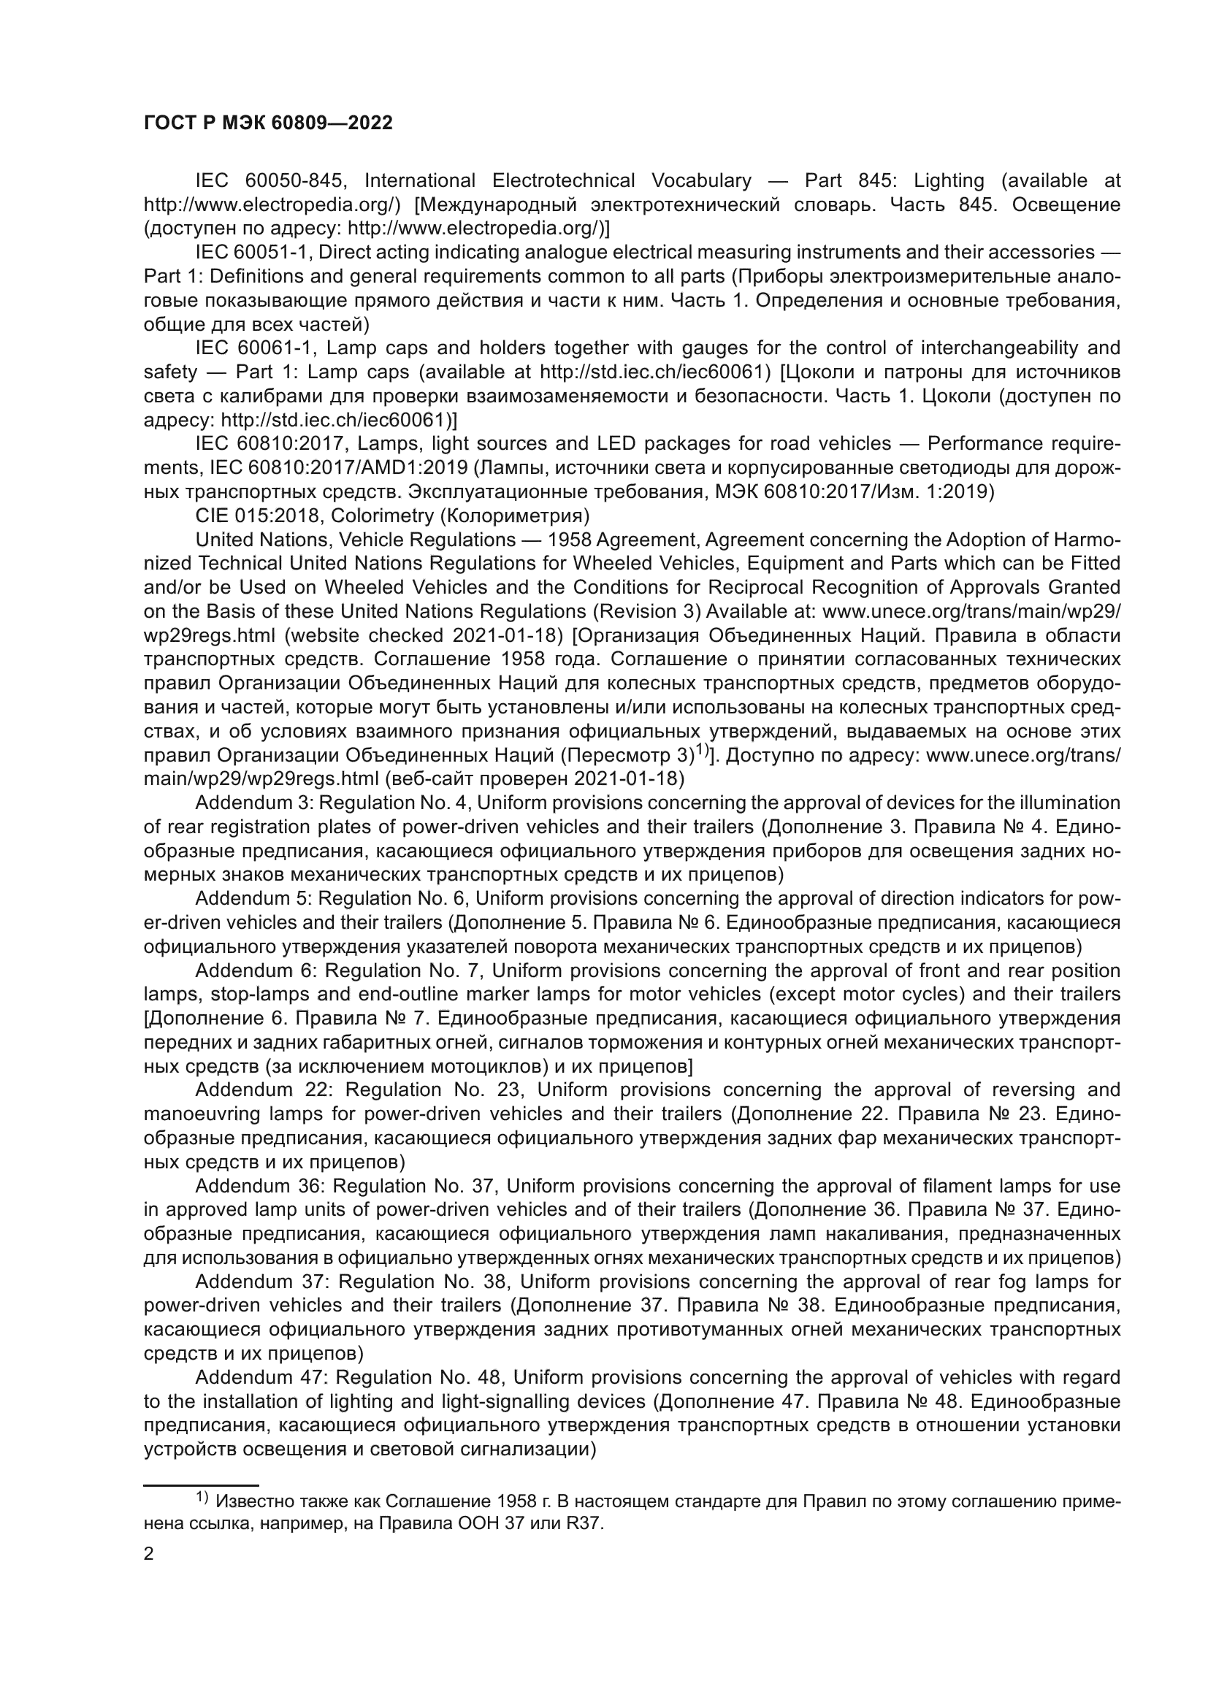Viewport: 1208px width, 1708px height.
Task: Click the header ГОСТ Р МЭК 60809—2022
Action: (268, 123)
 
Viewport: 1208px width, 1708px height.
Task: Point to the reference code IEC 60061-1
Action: (254, 348)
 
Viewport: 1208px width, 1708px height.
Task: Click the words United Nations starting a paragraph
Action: (248, 540)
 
